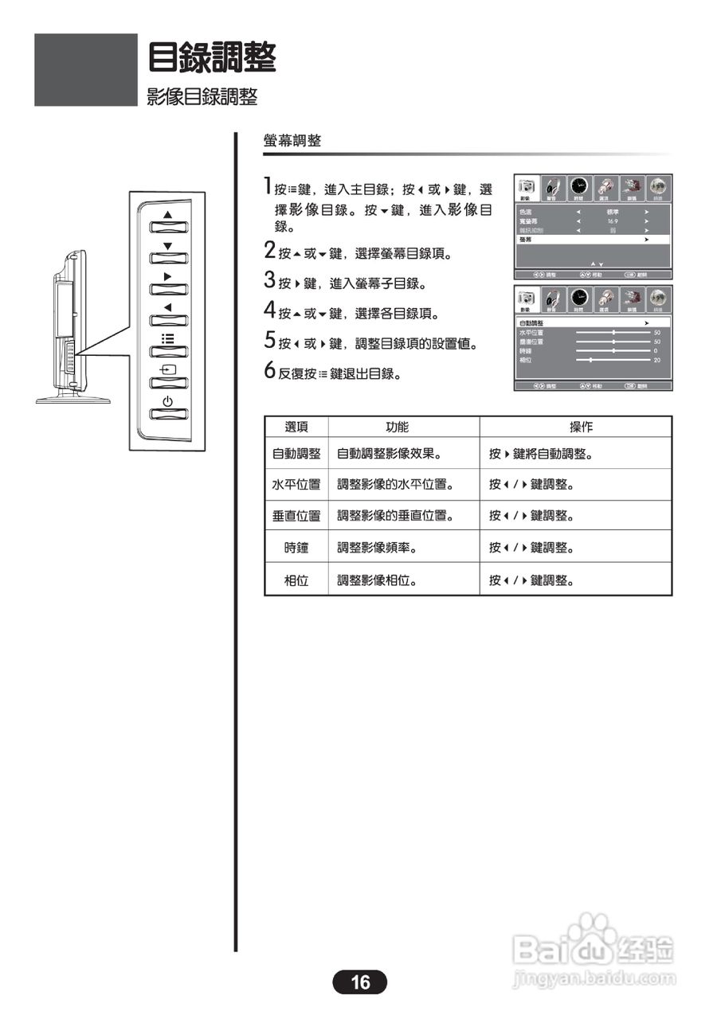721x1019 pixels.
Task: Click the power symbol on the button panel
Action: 167,401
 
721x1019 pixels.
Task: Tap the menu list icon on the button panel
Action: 167,338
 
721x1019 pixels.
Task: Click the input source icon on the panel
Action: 167,370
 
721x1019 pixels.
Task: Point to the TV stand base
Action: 72,399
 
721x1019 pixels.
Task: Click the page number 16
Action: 360,982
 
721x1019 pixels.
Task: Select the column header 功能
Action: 397,428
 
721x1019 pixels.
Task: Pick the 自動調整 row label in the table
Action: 296,454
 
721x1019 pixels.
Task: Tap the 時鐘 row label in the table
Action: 296,548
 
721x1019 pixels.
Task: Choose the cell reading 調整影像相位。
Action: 378,580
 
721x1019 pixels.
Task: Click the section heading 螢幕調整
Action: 292,141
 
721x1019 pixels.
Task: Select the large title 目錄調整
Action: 212,57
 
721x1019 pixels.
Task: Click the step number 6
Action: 270,372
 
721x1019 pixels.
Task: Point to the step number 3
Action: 270,282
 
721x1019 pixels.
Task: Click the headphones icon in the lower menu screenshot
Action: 553,299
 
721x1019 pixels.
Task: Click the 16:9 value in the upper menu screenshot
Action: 613,221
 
